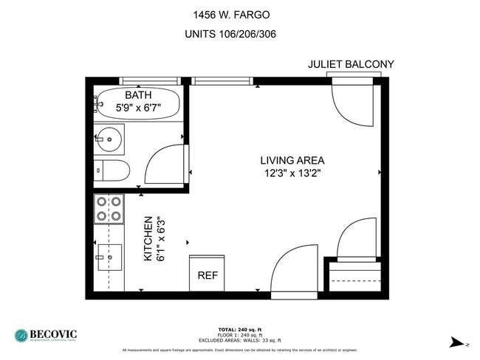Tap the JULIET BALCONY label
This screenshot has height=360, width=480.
point(351,65)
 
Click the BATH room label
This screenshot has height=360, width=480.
point(138,95)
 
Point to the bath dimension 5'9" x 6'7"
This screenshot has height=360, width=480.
point(138,108)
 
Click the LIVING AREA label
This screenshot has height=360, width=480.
point(292,160)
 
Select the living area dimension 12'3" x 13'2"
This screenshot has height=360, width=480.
point(292,173)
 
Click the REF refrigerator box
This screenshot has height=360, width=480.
point(208,274)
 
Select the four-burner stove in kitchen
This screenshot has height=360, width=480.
point(109,209)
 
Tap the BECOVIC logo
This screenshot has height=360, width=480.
point(45,336)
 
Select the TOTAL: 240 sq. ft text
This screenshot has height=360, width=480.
point(239,329)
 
